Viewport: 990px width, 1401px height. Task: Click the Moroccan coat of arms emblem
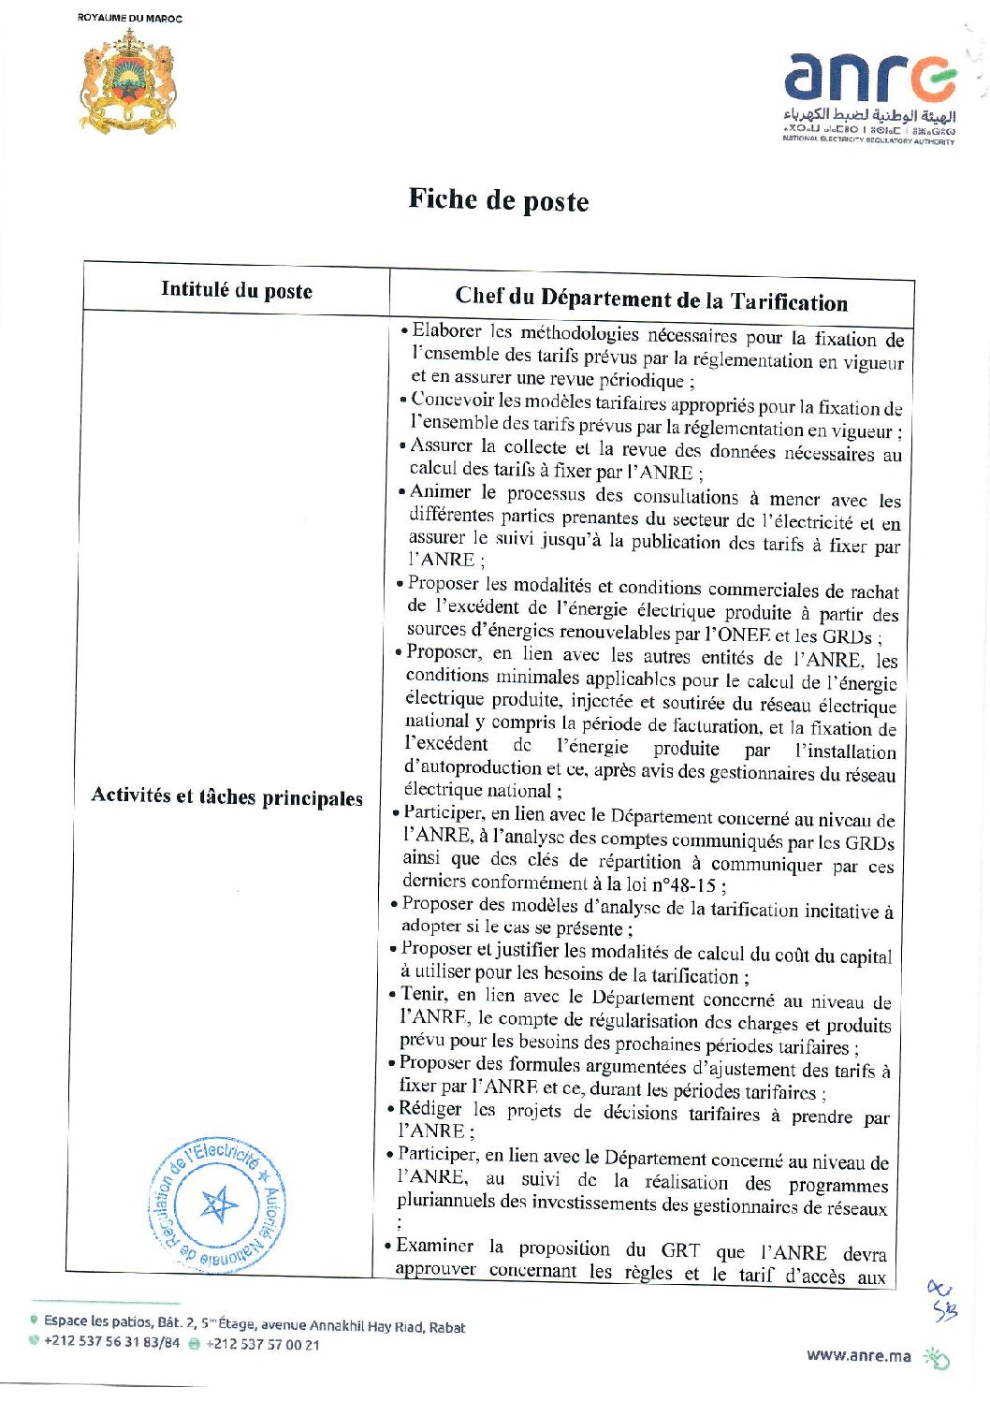[x=128, y=81]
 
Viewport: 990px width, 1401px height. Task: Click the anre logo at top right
[x=869, y=94]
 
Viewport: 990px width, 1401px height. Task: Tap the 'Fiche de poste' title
[x=499, y=200]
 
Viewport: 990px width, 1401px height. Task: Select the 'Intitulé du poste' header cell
[x=237, y=290]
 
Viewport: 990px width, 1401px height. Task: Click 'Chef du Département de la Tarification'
[x=651, y=299]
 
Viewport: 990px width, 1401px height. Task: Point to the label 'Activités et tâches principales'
[x=227, y=796]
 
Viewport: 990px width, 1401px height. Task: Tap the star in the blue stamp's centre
[x=219, y=1204]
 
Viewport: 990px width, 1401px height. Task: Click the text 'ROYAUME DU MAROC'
[x=130, y=18]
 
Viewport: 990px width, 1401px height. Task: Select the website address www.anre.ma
[x=858, y=1356]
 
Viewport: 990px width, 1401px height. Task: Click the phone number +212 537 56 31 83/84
[x=111, y=1343]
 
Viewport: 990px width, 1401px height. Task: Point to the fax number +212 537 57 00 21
[x=262, y=1344]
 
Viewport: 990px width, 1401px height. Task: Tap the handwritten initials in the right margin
[x=942, y=1301]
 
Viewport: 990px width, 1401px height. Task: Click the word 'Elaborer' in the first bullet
[x=447, y=331]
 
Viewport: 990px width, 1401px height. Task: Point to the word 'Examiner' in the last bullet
[x=435, y=1246]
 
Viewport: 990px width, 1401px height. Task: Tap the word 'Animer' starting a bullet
[x=441, y=491]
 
